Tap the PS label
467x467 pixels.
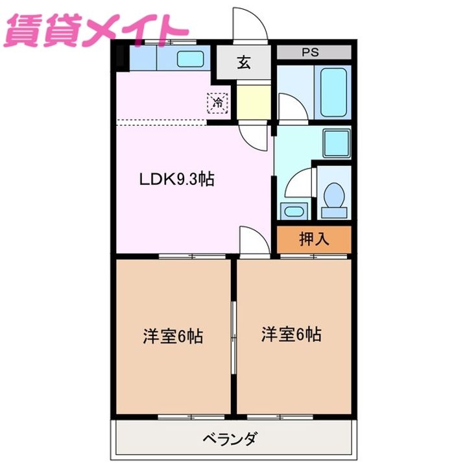pyautogui.click(x=310, y=53)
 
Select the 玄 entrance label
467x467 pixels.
pyautogui.click(x=243, y=63)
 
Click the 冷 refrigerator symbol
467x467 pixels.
pyautogui.click(x=219, y=102)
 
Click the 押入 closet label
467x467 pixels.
pyautogui.click(x=314, y=239)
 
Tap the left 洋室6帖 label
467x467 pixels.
pyautogui.click(x=173, y=337)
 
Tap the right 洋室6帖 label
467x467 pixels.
pyautogui.click(x=292, y=335)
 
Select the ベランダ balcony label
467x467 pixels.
pyautogui.click(x=233, y=440)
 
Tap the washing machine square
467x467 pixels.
pyautogui.click(x=337, y=141)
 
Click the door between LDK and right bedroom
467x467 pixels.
pyautogui.click(x=253, y=241)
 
